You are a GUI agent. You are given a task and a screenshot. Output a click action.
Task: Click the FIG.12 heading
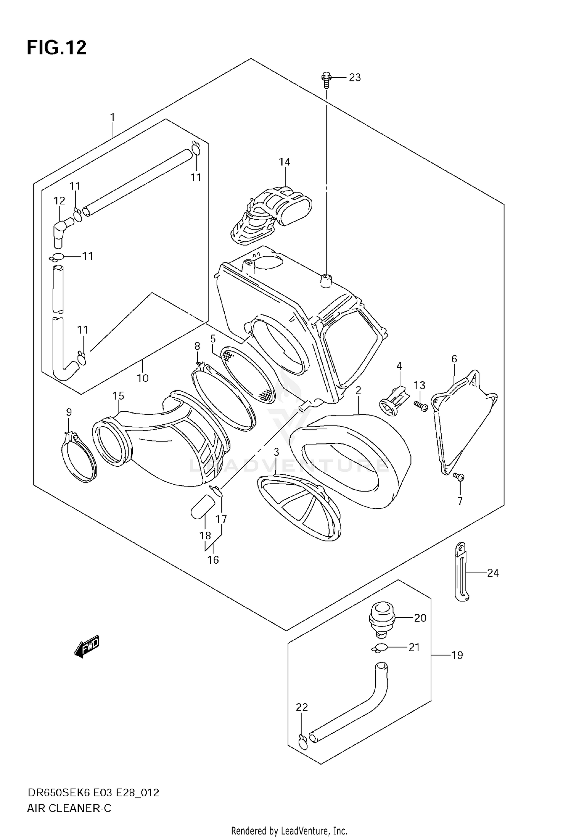[56, 48]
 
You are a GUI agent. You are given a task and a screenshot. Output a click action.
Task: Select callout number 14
[284, 162]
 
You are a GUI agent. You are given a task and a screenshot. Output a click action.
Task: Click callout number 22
[302, 707]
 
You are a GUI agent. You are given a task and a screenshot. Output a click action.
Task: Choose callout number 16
[213, 560]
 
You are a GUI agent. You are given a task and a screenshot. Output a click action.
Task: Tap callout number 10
[143, 378]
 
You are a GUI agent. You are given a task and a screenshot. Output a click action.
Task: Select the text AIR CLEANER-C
[69, 808]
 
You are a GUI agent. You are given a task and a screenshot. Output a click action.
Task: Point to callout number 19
[457, 656]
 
